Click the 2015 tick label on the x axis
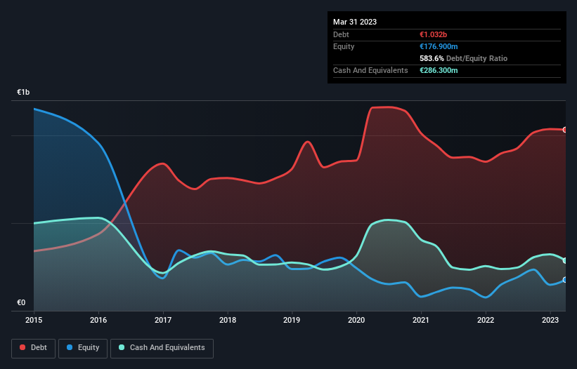point(34,321)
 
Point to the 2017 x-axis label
point(163,321)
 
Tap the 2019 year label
point(292,321)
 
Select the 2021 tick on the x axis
point(421,321)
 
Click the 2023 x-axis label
point(550,321)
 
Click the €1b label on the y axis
point(24,93)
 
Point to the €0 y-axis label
point(21,303)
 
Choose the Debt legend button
point(33,347)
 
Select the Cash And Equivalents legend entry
point(162,347)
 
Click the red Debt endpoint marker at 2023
point(565,130)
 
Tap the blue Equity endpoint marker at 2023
point(565,280)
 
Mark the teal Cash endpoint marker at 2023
point(565,260)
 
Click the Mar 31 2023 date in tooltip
point(355,22)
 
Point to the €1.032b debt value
point(434,34)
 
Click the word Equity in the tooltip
point(344,46)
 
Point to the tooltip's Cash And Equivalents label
point(370,70)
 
